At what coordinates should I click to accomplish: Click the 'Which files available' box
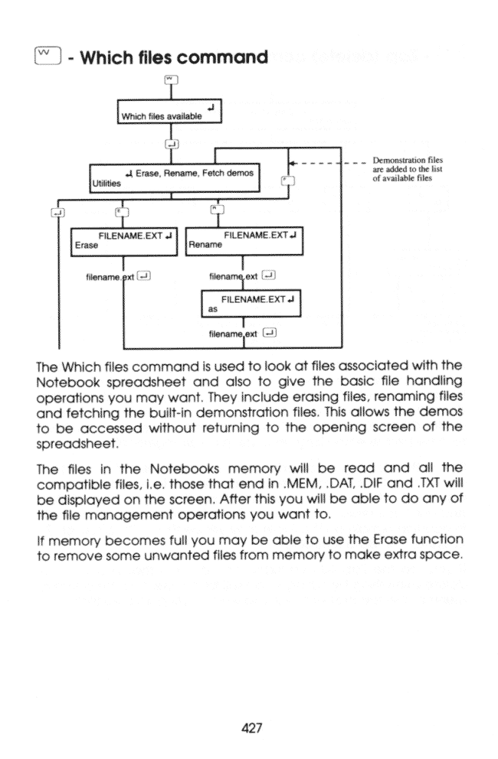[169, 110]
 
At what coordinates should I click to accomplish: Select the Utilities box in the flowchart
[175, 177]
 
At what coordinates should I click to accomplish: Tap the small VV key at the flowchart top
[170, 78]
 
